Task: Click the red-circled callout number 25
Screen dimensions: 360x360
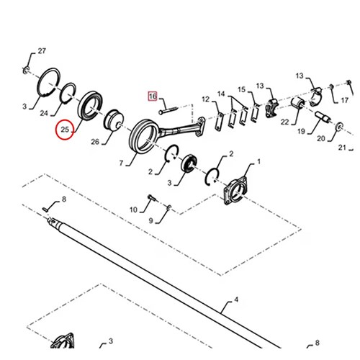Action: pos(65,130)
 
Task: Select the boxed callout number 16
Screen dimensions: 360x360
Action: pos(153,96)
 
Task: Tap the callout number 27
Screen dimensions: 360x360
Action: pos(42,51)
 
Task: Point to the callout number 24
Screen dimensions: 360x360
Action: pos(44,113)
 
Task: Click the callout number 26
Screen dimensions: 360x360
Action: pos(95,142)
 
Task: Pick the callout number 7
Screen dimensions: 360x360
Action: pos(121,163)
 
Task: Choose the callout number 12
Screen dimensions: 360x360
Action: pos(206,99)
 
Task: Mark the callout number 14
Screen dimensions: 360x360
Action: pos(221,94)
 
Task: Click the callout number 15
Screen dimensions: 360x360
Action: pos(241,89)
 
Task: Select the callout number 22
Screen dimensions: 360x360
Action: pos(284,122)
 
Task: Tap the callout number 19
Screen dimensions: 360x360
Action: pos(301,131)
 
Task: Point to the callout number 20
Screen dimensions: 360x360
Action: pos(321,138)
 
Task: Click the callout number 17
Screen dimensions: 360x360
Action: pos(345,100)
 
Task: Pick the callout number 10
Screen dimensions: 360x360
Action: pos(133,210)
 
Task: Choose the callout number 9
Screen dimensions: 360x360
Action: pos(150,220)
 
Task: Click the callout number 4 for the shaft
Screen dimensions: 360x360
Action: pos(236,300)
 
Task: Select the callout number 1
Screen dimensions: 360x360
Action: pos(258,162)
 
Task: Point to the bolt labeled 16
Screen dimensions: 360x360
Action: pos(168,110)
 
